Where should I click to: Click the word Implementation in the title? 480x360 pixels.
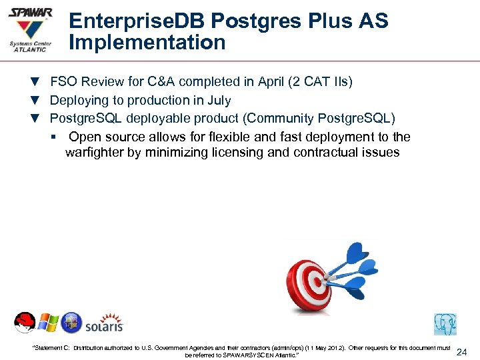click(x=147, y=43)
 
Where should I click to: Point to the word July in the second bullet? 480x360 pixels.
click(x=219, y=101)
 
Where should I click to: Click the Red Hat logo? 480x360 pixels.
click(x=25, y=323)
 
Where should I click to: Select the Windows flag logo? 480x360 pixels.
click(x=48, y=323)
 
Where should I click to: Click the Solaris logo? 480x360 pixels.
click(x=105, y=323)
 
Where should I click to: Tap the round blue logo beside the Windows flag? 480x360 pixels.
click(x=71, y=323)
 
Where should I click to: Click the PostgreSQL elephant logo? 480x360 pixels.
click(x=445, y=324)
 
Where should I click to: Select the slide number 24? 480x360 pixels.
click(x=461, y=351)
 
